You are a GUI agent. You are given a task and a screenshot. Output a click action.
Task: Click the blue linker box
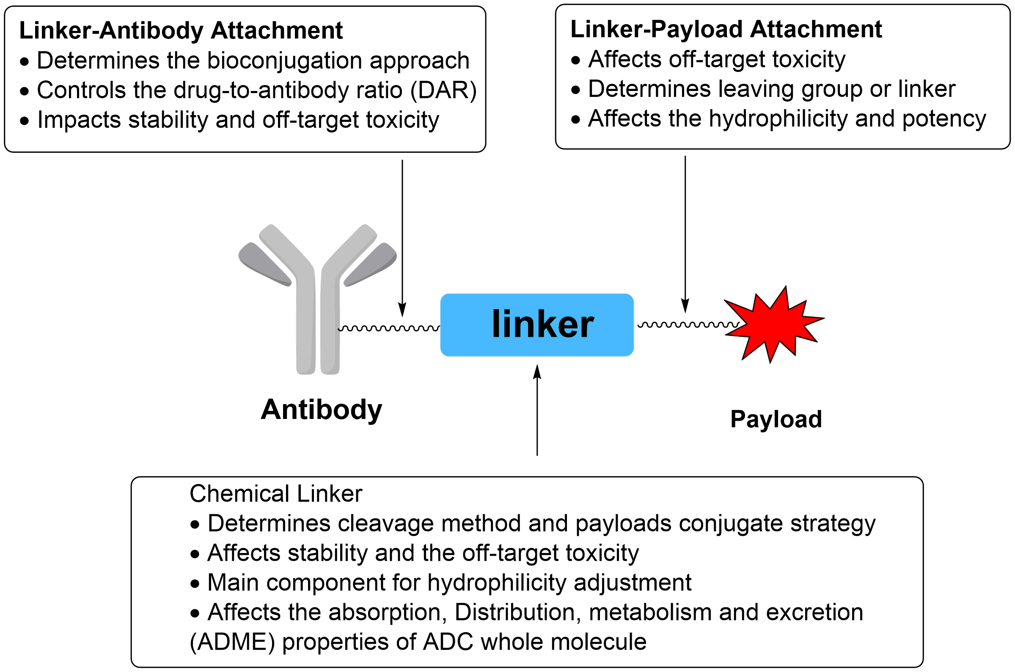pyautogui.click(x=536, y=325)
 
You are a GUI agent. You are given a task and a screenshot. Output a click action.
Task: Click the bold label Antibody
pyautogui.click(x=321, y=410)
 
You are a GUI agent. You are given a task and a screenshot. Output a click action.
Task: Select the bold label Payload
pyautogui.click(x=776, y=419)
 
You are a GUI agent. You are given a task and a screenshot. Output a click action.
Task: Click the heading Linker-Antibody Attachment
pyautogui.click(x=181, y=31)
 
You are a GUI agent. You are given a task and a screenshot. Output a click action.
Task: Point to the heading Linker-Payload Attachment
pyautogui.click(x=726, y=30)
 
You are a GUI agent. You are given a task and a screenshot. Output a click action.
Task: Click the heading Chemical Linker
pyautogui.click(x=275, y=494)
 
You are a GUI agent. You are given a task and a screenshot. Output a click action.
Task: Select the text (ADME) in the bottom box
pyautogui.click(x=232, y=642)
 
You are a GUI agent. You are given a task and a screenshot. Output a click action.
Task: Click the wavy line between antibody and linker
pyautogui.click(x=388, y=328)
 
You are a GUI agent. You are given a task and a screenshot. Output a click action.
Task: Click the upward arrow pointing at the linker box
pyautogui.click(x=537, y=411)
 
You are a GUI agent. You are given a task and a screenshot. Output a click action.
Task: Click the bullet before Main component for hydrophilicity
pyautogui.click(x=195, y=583)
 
